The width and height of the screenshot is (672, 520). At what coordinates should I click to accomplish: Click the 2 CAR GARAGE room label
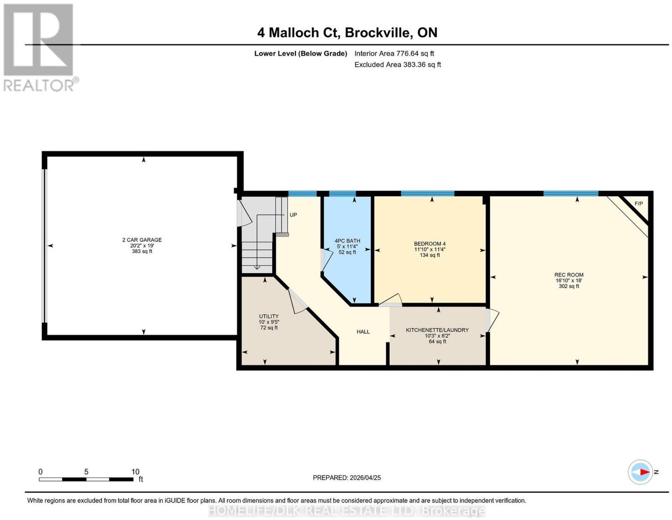tap(142, 240)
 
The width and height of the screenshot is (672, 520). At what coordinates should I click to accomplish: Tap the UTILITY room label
tap(269, 316)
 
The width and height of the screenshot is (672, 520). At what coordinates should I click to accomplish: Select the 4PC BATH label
tap(347, 240)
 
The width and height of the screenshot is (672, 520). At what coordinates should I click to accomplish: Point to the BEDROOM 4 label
tap(430, 244)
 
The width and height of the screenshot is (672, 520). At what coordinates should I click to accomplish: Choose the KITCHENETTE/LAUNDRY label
tap(437, 330)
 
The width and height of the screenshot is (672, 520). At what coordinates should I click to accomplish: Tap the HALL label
tap(363, 332)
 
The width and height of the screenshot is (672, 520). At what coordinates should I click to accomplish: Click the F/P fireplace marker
tap(638, 204)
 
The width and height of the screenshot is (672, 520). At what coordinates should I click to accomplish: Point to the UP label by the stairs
tap(293, 215)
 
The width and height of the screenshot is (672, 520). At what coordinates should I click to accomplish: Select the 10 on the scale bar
tap(135, 472)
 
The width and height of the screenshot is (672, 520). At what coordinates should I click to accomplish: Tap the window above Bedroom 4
tap(428, 194)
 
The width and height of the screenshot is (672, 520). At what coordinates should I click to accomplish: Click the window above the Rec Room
tap(570, 194)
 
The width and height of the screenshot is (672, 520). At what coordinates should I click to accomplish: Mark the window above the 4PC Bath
tap(342, 194)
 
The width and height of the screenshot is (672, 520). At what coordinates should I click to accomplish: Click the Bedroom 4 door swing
tap(390, 300)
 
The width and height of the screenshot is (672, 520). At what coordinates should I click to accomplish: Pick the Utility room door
tap(297, 301)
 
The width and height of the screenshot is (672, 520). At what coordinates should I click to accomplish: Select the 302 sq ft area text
tap(569, 286)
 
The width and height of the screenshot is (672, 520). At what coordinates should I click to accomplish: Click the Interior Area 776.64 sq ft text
tap(394, 53)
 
